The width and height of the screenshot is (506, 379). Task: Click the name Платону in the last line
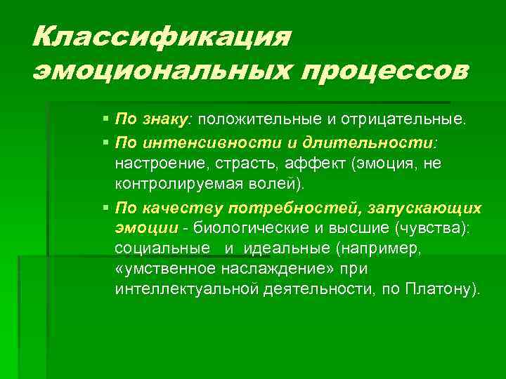440,289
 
